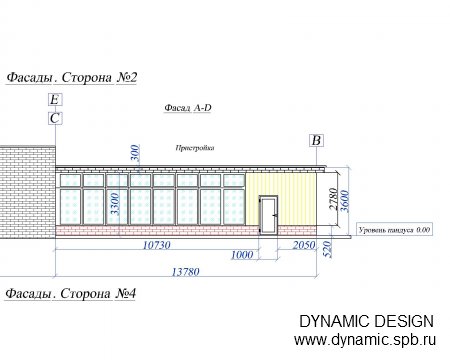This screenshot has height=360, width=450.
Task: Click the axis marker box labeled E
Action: pos(55,100)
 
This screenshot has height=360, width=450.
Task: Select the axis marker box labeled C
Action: pos(55,118)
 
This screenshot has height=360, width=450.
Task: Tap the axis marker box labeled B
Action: pos(316,141)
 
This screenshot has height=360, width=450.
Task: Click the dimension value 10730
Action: pos(157,245)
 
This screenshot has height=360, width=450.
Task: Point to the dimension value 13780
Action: pos(186,272)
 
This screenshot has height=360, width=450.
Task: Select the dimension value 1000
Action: pos(242,255)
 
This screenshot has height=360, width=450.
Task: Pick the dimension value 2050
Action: pos(304,245)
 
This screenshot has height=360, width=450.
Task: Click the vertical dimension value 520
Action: pos(328,249)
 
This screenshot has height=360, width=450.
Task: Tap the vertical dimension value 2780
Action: pos(333,199)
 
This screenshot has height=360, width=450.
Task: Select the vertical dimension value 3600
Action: pos(345,201)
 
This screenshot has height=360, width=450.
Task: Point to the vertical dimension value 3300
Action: pos(115,204)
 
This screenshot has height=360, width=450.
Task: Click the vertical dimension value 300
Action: pos(135,153)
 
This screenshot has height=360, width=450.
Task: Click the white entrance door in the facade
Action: pos(269,215)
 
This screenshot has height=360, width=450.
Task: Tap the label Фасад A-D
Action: pos(188,108)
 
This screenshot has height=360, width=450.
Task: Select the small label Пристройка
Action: pos(195,148)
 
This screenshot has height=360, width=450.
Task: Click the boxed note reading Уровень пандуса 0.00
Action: pos(395,230)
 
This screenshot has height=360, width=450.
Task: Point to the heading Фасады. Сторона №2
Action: pos(72,77)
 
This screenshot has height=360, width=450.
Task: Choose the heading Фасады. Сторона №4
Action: pos(71,294)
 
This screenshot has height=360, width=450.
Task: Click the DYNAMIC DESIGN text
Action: pos(366,321)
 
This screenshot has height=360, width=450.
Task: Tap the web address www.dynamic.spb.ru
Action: pos(365,340)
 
